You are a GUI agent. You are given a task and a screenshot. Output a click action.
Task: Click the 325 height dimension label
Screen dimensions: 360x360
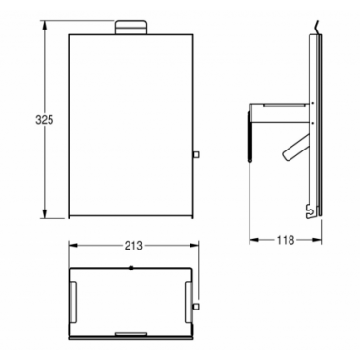45,120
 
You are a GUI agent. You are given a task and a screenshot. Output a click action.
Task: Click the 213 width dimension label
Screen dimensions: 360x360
133,246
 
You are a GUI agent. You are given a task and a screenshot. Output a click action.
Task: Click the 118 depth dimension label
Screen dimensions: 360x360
286,240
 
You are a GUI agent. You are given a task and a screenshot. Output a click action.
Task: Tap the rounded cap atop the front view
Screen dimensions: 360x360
130,28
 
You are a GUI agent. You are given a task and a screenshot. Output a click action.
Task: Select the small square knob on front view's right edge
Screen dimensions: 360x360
196,154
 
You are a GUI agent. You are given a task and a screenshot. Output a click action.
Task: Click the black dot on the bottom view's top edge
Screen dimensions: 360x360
130,268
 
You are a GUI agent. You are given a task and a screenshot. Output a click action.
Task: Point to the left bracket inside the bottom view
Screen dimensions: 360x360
73,302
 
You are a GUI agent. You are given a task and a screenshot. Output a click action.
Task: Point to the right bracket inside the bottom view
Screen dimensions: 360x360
189,302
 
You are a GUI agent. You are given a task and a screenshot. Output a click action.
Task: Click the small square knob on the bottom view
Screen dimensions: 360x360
196,306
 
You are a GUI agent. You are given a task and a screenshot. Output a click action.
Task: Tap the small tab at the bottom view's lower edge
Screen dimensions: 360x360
130,333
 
